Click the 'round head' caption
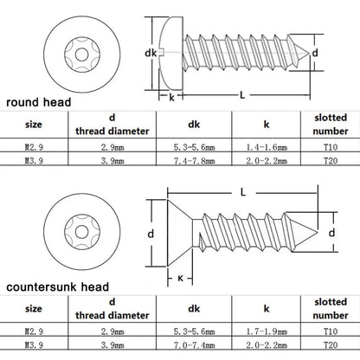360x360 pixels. [x=39, y=102]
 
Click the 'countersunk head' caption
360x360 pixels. [x=58, y=286]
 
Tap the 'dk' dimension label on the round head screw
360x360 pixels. [x=151, y=53]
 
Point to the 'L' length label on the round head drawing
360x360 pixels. [x=242, y=94]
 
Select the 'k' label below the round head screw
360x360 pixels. [x=171, y=98]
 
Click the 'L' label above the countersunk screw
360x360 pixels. [x=243, y=192]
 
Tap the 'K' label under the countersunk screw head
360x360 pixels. [x=180, y=279]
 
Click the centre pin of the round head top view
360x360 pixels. [x=81, y=55]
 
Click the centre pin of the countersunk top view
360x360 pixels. [x=81, y=232]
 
